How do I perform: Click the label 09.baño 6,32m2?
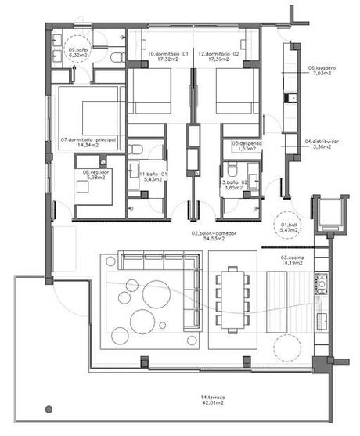pos(79,52)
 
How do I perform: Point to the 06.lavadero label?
pos(321,71)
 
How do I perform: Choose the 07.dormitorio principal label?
pos(88,142)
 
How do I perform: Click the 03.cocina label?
pos(294,260)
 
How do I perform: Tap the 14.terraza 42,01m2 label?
pos(213,401)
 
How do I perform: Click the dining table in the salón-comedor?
pos(232,298)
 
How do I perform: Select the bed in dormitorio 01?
pos(157,92)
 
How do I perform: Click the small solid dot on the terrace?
pos(49,409)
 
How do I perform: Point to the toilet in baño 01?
pos(136,149)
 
